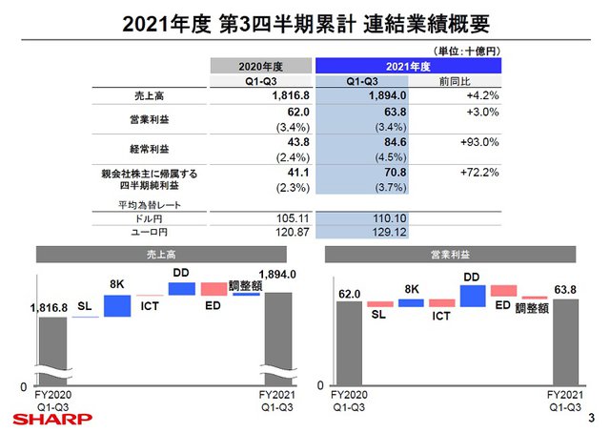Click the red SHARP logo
(51, 418)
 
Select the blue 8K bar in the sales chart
(117, 305)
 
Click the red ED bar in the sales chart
(214, 288)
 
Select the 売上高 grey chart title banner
(158, 256)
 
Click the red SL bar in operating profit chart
(379, 304)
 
